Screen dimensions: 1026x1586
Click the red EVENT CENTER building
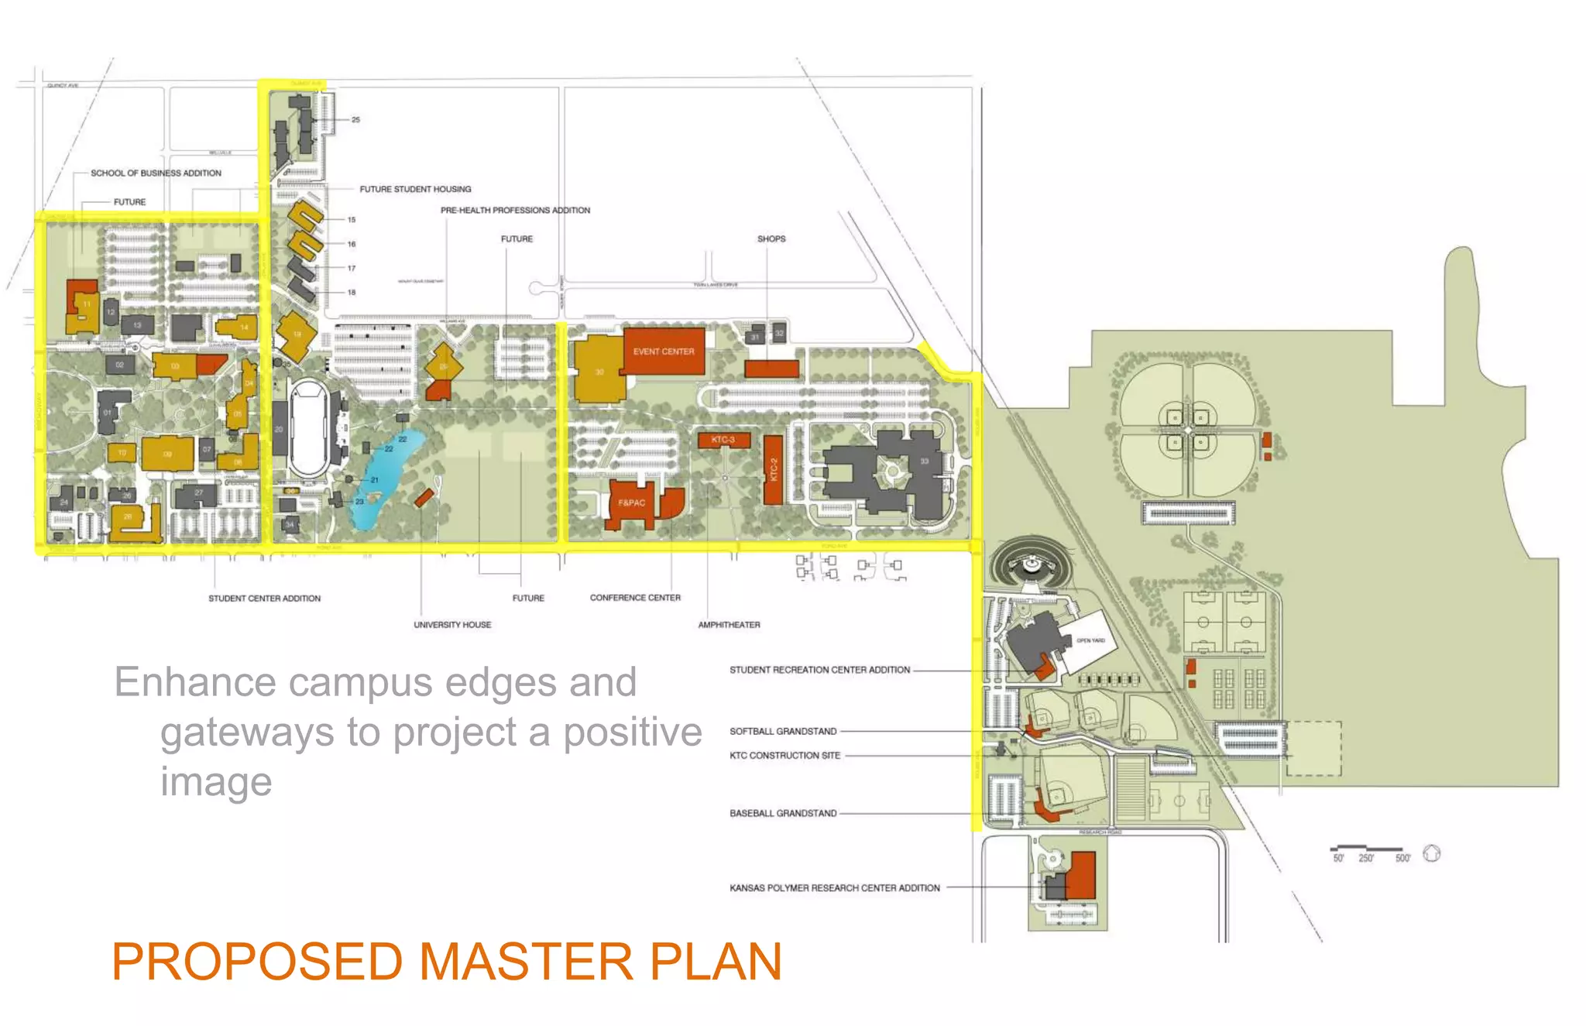[x=664, y=351]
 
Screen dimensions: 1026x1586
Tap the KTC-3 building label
[x=723, y=440]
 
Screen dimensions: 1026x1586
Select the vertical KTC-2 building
[x=773, y=469]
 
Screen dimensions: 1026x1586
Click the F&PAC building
[x=631, y=503]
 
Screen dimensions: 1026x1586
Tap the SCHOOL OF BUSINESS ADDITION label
[x=156, y=173]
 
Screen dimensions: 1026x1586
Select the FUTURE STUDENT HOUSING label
[x=415, y=189]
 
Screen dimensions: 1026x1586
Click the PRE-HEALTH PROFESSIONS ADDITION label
[x=515, y=211]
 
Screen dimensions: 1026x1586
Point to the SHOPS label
[x=771, y=238]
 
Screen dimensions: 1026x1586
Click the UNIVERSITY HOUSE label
[x=452, y=625]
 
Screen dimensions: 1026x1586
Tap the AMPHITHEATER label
[x=729, y=625]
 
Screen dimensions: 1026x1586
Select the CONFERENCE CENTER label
[x=635, y=598]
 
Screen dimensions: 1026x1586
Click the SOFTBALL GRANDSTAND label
[x=783, y=731]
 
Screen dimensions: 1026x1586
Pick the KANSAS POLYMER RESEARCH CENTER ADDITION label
[x=834, y=888]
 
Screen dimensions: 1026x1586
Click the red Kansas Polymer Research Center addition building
[x=1082, y=875]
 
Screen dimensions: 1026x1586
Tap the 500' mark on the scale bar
[x=1402, y=858]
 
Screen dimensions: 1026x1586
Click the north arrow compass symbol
[x=1432, y=853]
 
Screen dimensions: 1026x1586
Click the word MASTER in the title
[x=526, y=962]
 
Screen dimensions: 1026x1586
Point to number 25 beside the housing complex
[x=355, y=120]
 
